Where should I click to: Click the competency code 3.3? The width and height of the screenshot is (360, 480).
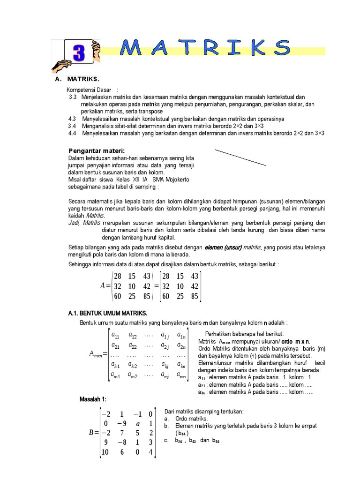click(72, 97)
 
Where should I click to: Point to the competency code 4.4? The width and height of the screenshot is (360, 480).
click(72, 134)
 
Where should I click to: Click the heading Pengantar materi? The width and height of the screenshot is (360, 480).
click(97, 150)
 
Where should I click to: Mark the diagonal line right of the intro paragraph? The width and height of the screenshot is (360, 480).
click(240, 158)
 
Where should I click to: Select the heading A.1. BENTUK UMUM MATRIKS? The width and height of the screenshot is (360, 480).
click(107, 313)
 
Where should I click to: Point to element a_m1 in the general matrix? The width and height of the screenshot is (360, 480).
click(115, 374)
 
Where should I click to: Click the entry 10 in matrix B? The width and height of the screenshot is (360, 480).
click(105, 452)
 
